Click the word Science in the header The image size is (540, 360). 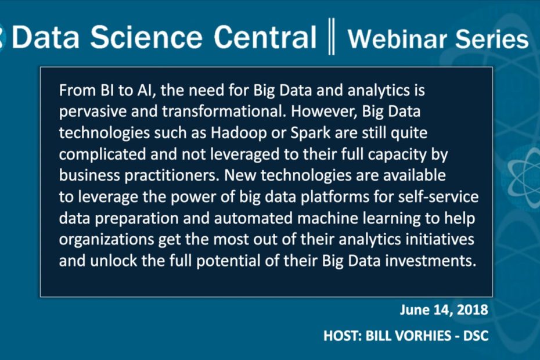146,37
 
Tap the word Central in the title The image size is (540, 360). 265,37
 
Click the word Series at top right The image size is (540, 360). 492,38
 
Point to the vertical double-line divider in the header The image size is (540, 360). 332,37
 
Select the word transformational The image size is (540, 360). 224,111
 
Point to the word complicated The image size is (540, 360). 102,154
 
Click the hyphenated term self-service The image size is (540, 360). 438,197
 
